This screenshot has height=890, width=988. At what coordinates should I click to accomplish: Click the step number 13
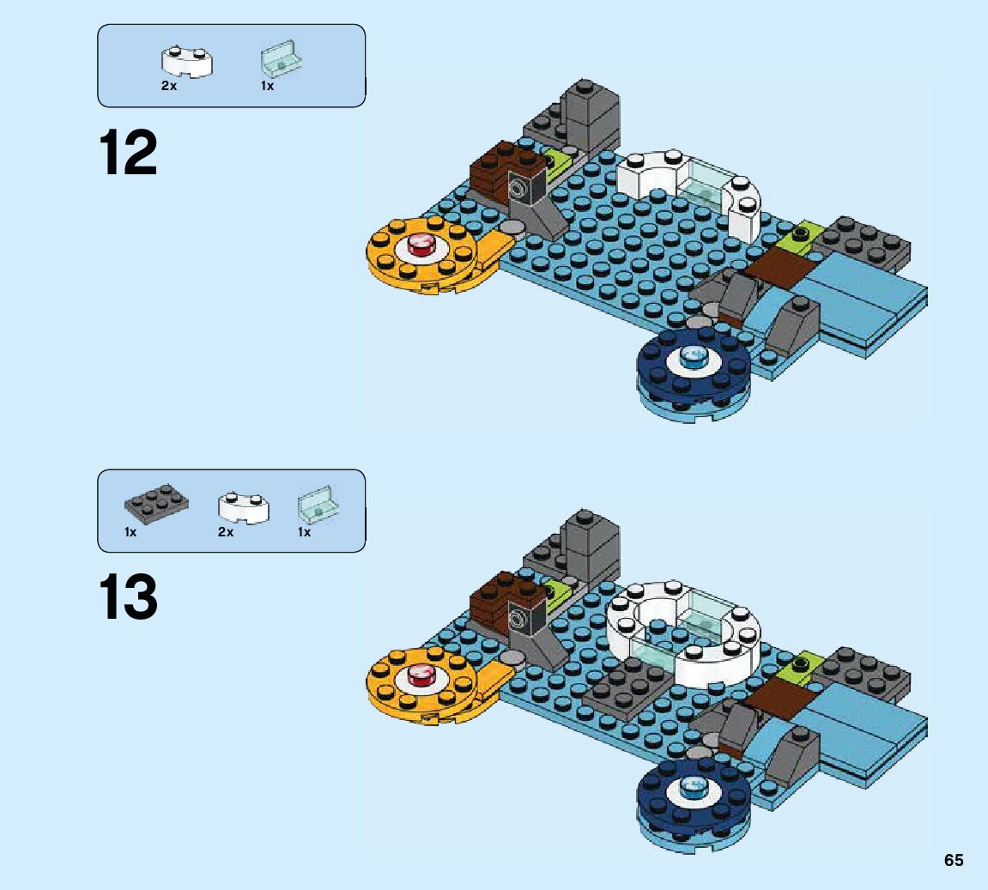(129, 597)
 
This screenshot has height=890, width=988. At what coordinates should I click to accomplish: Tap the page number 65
(954, 860)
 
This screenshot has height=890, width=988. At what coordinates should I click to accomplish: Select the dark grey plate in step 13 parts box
(155, 506)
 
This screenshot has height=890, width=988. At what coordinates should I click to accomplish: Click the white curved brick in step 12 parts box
(187, 62)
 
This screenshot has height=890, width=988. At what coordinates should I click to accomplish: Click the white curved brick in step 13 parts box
(243, 507)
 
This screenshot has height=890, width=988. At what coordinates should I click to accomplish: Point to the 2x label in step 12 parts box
(168, 87)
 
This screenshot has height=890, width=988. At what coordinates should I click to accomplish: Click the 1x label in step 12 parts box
(267, 87)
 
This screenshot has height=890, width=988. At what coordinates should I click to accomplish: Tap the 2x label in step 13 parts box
(225, 532)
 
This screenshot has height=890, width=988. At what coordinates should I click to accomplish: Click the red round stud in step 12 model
(421, 247)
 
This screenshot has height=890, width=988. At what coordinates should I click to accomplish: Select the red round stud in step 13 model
(421, 675)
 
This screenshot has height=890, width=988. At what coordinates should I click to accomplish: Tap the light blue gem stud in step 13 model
(692, 786)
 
